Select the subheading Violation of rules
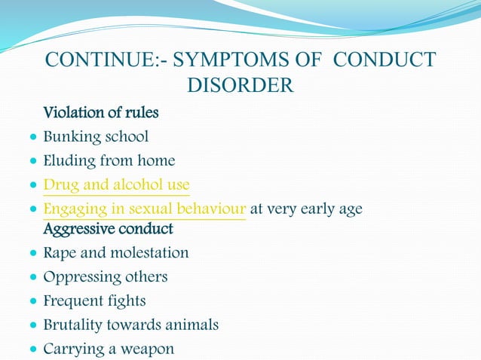click(101, 114)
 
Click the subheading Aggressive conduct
click(109, 228)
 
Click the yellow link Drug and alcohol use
click(116, 185)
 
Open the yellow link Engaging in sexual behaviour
click(145, 209)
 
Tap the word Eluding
click(67, 160)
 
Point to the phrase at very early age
click(305, 209)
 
